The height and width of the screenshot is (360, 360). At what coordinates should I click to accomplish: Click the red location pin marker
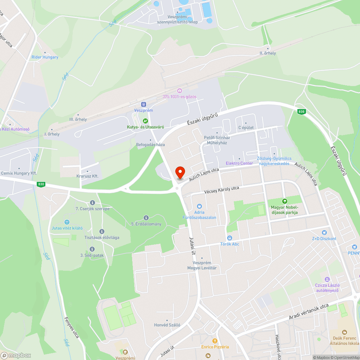click(179, 172)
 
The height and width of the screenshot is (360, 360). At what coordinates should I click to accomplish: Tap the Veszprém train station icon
click(144, 104)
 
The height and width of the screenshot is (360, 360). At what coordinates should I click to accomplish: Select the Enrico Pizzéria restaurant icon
click(215, 341)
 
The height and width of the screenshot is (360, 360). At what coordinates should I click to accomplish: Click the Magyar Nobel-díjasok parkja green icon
click(284, 201)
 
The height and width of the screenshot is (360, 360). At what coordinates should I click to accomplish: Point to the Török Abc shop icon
click(230, 238)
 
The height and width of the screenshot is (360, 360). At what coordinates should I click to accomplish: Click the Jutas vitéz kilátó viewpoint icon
click(67, 222)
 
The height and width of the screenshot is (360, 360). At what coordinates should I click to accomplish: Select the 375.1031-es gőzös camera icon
click(179, 90)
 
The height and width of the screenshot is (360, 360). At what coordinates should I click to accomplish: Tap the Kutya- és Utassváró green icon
click(145, 121)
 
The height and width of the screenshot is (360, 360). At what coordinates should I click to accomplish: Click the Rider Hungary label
click(45, 57)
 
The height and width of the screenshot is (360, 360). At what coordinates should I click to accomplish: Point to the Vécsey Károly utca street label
click(221, 189)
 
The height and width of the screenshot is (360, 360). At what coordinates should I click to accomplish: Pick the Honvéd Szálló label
click(167, 325)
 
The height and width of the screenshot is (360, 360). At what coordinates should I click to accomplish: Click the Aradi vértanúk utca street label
click(309, 312)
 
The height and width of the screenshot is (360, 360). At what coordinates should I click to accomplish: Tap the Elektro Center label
click(239, 163)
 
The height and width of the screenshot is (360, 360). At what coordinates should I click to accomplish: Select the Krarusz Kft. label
click(87, 176)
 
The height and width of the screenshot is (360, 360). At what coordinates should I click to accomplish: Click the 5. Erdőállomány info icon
click(146, 218)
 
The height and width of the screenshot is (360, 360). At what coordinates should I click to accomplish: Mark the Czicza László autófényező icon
click(327, 279)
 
